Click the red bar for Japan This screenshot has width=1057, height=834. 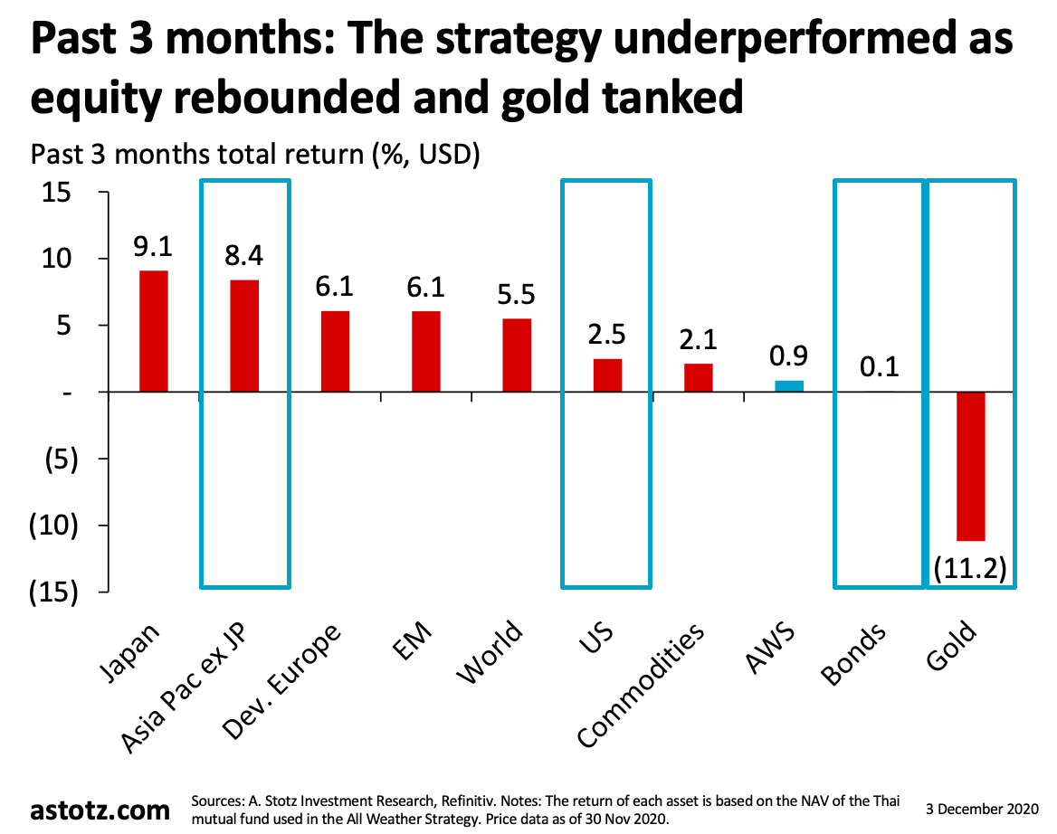click(x=153, y=331)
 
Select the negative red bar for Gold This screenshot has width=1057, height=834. click(x=970, y=466)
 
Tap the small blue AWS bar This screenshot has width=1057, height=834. click(x=788, y=386)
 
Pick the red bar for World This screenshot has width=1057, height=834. click(x=517, y=355)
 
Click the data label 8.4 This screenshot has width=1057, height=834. click(x=243, y=258)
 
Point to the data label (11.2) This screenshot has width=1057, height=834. click(x=970, y=570)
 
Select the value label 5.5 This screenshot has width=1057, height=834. click(x=517, y=297)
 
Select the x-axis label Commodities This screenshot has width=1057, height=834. click(x=641, y=686)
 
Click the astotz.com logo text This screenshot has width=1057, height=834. click(x=100, y=808)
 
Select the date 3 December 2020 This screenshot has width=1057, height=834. click(x=984, y=803)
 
